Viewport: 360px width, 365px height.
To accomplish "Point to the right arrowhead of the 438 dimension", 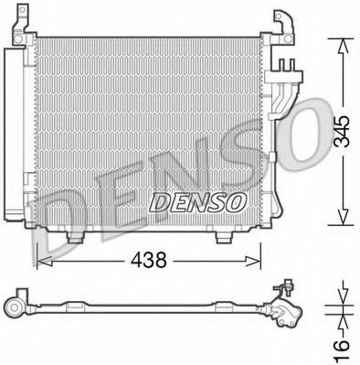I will click(x=259, y=261).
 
